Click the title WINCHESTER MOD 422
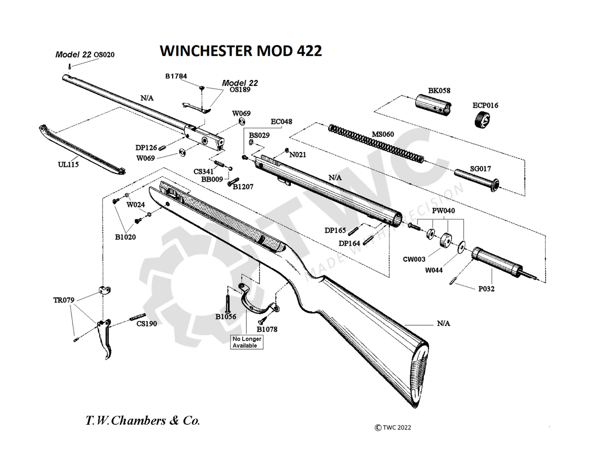click(x=241, y=50)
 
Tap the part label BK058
click(x=439, y=91)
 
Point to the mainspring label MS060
click(x=383, y=134)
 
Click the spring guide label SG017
click(x=481, y=169)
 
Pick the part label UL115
click(x=68, y=164)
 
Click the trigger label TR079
click(x=64, y=300)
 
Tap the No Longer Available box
click(x=247, y=342)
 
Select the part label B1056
click(x=226, y=317)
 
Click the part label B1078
click(x=267, y=329)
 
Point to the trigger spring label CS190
click(x=146, y=324)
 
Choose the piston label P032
click(x=486, y=289)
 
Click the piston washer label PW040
click(x=443, y=211)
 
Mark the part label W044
click(x=434, y=270)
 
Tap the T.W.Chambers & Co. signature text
click(x=143, y=421)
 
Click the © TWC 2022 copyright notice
click(x=392, y=427)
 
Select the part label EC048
click(x=281, y=122)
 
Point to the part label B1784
click(x=176, y=76)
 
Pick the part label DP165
click(x=335, y=230)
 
